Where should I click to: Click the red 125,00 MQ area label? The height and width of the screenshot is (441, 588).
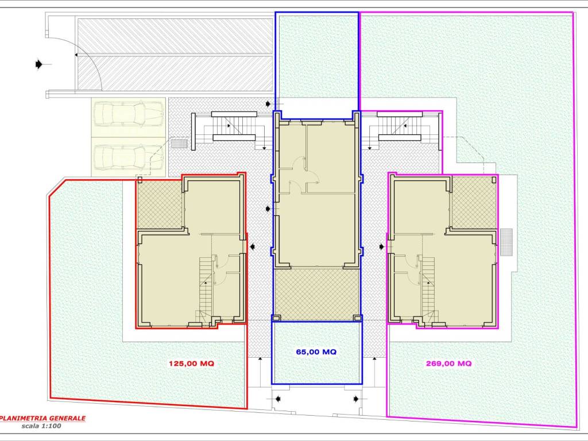[x=191, y=363]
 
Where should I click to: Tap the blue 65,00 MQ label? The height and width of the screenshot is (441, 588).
[x=316, y=352]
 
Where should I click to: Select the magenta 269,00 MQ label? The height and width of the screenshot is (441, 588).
[x=449, y=363]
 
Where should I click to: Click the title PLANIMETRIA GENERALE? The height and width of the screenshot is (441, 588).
[x=42, y=418]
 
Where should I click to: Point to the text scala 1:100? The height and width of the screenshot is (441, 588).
[x=41, y=426]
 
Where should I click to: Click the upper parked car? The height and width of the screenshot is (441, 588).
[x=129, y=114]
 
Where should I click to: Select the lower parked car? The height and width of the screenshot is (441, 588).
[x=129, y=157]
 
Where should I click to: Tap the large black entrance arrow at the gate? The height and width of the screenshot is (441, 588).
[x=38, y=64]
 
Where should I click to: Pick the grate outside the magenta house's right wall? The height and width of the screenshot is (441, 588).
[x=506, y=242]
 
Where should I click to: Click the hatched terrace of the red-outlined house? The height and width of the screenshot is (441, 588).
[x=160, y=204]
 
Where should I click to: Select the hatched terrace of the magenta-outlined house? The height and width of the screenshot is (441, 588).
[x=474, y=203]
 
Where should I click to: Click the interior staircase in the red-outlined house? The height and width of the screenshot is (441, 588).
[x=206, y=289]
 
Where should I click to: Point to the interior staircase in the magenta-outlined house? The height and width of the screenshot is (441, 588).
[x=428, y=289]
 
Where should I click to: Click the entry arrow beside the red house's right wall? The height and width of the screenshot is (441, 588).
[x=253, y=246]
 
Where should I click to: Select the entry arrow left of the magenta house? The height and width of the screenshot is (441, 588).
[x=382, y=247]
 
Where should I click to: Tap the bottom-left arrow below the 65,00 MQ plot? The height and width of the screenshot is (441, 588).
[x=278, y=399]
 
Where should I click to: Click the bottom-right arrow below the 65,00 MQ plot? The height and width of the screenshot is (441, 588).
[x=356, y=399]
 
